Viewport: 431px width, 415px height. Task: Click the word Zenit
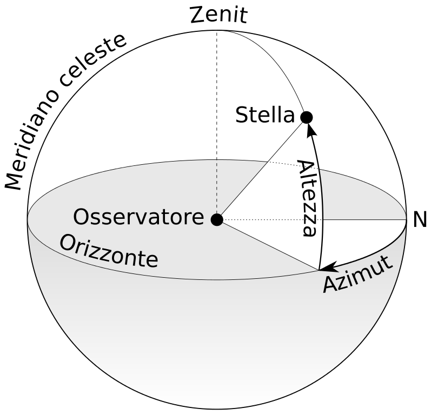pos(218,15)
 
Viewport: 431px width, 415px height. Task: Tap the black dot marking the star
pos(307,117)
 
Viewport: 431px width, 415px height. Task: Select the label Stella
pos(264,116)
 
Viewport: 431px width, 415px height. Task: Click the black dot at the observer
pos(217,219)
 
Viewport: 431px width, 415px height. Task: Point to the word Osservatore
pos(138,218)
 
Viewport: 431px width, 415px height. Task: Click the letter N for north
pos(420,220)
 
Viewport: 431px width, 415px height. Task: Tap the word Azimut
pos(357,276)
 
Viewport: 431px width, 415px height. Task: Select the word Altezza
pos(307,198)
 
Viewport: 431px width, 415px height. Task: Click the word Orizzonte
pos(109,252)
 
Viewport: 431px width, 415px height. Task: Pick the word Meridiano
pos(32,135)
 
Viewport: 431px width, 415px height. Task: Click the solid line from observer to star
pos(260,170)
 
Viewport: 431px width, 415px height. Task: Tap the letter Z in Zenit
pos(197,15)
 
